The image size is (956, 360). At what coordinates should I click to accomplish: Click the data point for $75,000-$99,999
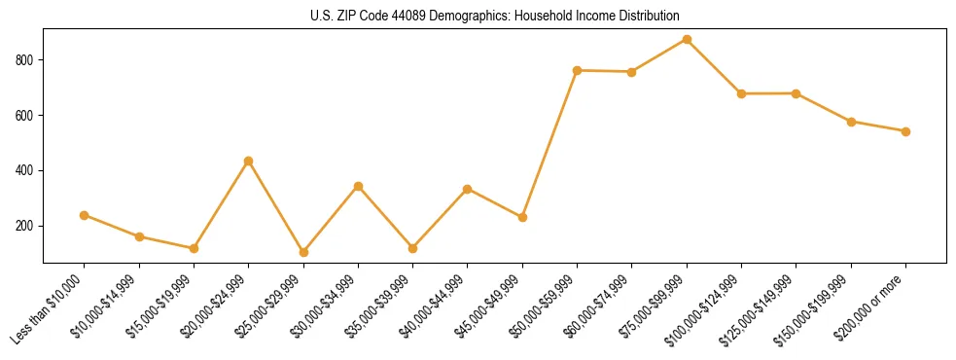687,39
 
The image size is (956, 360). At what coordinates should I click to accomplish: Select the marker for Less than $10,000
85,215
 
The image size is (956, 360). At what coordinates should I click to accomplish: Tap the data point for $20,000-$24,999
249,161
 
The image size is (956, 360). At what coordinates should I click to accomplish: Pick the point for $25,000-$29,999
303,252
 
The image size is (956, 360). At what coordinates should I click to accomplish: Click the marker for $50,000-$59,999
578,70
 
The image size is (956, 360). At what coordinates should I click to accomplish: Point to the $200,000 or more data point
905,131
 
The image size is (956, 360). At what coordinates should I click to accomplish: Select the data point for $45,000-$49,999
522,217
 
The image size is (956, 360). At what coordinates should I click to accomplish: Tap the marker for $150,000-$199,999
851,122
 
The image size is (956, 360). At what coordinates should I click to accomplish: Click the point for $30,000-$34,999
358,186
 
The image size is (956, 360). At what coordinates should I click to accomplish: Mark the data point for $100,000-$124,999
741,93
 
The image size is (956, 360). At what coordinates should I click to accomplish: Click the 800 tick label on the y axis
25,60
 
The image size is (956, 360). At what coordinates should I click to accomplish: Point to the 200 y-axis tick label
25,226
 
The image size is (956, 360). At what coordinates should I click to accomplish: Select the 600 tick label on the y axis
25,116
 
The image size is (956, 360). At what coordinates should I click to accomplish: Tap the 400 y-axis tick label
25,170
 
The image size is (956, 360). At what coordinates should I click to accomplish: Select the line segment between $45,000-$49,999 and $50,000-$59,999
550,143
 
